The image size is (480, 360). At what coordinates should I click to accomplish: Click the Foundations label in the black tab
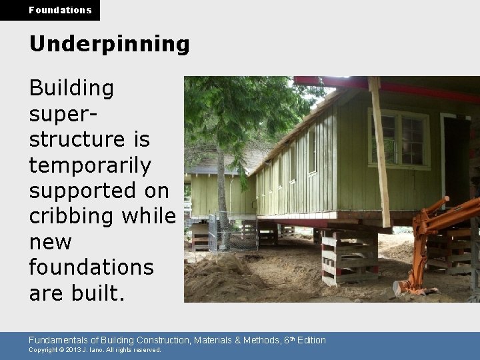coord(60,10)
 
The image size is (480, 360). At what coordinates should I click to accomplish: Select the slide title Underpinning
coord(109,44)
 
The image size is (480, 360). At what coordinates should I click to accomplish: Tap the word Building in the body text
coord(71,88)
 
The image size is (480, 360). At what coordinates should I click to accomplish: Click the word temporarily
coord(90,165)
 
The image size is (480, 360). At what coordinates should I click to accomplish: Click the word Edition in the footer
coord(311,340)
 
